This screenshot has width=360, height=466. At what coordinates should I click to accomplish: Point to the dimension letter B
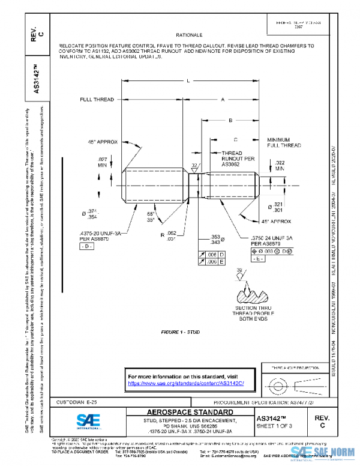pos(229,121)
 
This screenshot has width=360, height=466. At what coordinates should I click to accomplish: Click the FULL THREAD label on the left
pos(97,100)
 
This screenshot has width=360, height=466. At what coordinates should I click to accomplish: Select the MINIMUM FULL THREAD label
pos(284,142)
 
